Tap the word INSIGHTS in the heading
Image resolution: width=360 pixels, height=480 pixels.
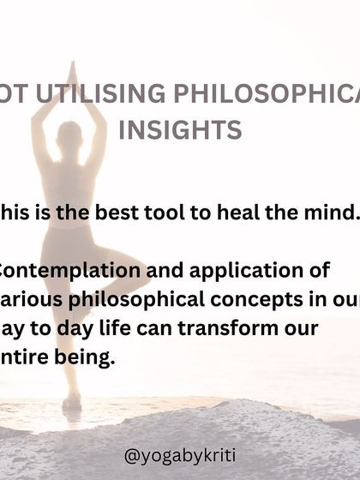coord(180,130)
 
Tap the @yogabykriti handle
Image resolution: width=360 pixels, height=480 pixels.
coord(180,455)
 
